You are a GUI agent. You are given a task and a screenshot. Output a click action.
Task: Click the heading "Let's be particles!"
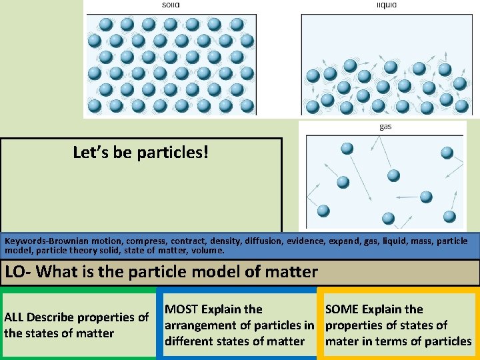click(x=141, y=153)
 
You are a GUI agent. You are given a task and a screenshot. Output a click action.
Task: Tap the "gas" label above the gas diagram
click(x=385, y=127)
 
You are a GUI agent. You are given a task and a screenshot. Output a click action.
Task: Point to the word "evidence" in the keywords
click(x=345, y=241)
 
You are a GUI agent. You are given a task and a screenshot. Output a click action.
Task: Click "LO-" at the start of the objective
click(x=19, y=272)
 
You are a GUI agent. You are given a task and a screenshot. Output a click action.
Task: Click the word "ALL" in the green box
click(x=15, y=317)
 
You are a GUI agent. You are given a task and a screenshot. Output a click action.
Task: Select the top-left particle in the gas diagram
click(x=347, y=148)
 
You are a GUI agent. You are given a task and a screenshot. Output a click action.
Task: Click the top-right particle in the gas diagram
click(x=447, y=152)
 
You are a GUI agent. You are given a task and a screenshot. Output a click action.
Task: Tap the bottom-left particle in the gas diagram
click(x=323, y=211)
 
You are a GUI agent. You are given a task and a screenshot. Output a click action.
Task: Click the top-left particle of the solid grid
click(x=105, y=25)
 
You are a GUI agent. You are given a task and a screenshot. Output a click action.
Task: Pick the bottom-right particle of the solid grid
click(x=247, y=105)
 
